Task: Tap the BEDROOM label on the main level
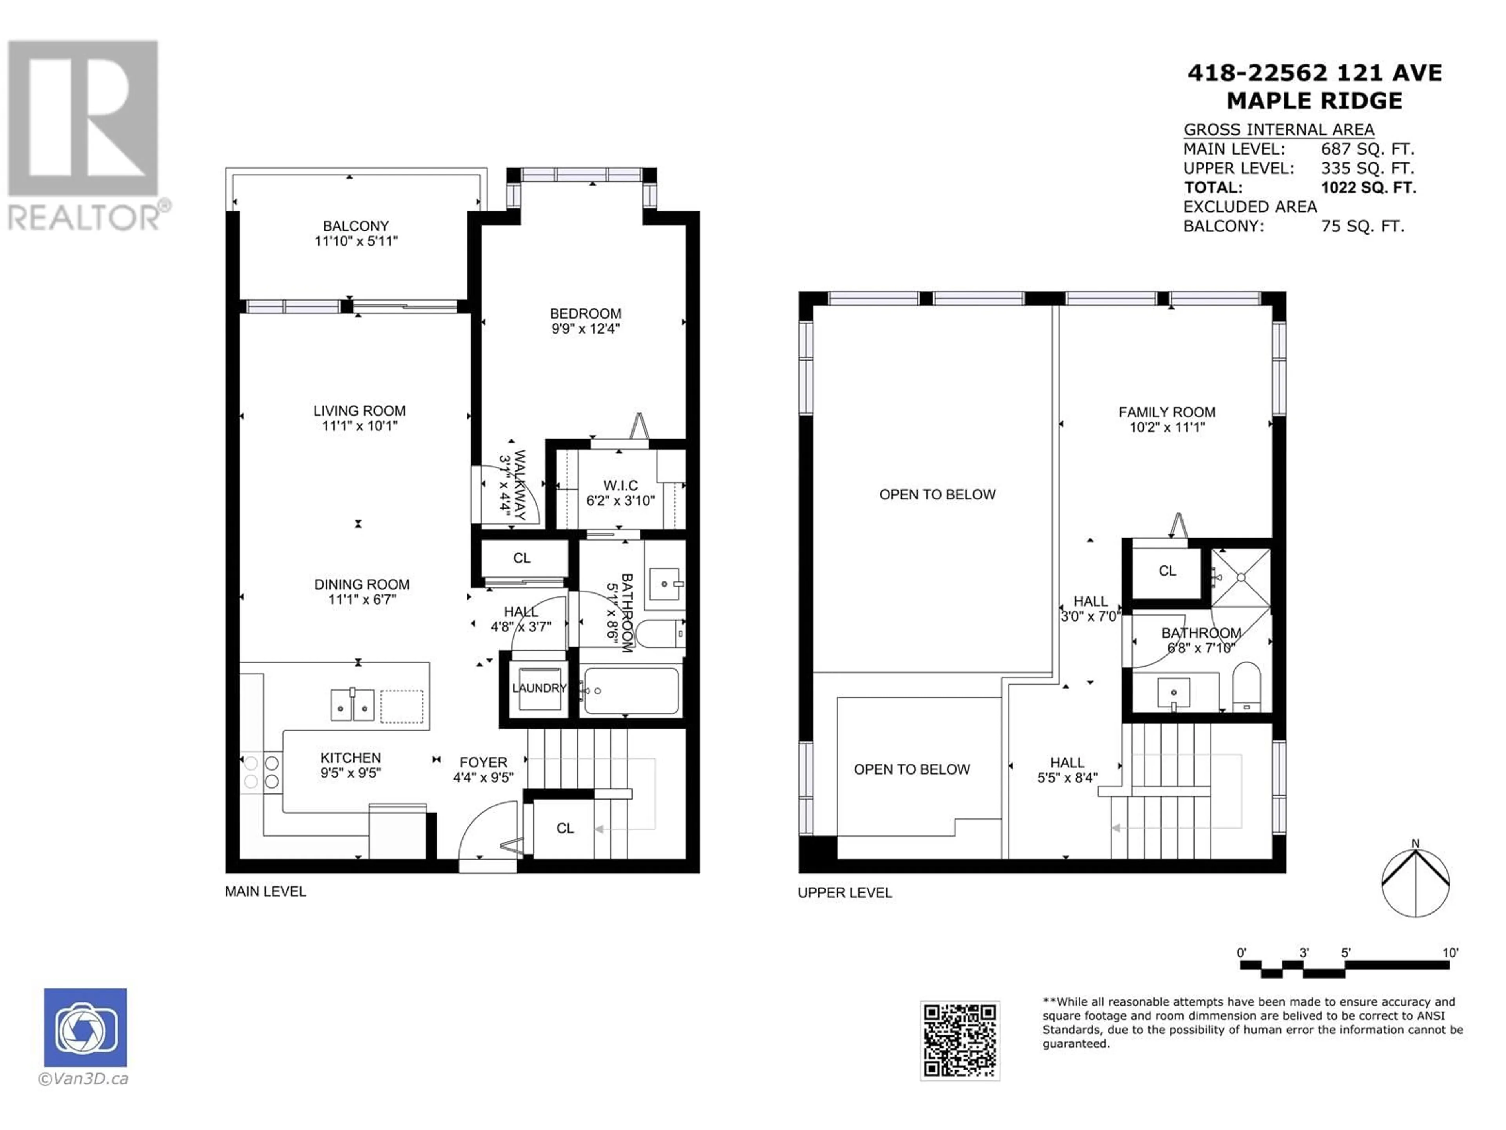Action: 586,313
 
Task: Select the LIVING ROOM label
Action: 360,411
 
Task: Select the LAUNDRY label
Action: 539,688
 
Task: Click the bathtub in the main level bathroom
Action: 631,691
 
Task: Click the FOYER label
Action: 484,762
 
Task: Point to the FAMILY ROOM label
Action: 1167,412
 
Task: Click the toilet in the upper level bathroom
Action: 1247,687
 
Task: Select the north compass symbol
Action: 1415,881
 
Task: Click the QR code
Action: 960,1040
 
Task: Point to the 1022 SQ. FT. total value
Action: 1368,187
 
